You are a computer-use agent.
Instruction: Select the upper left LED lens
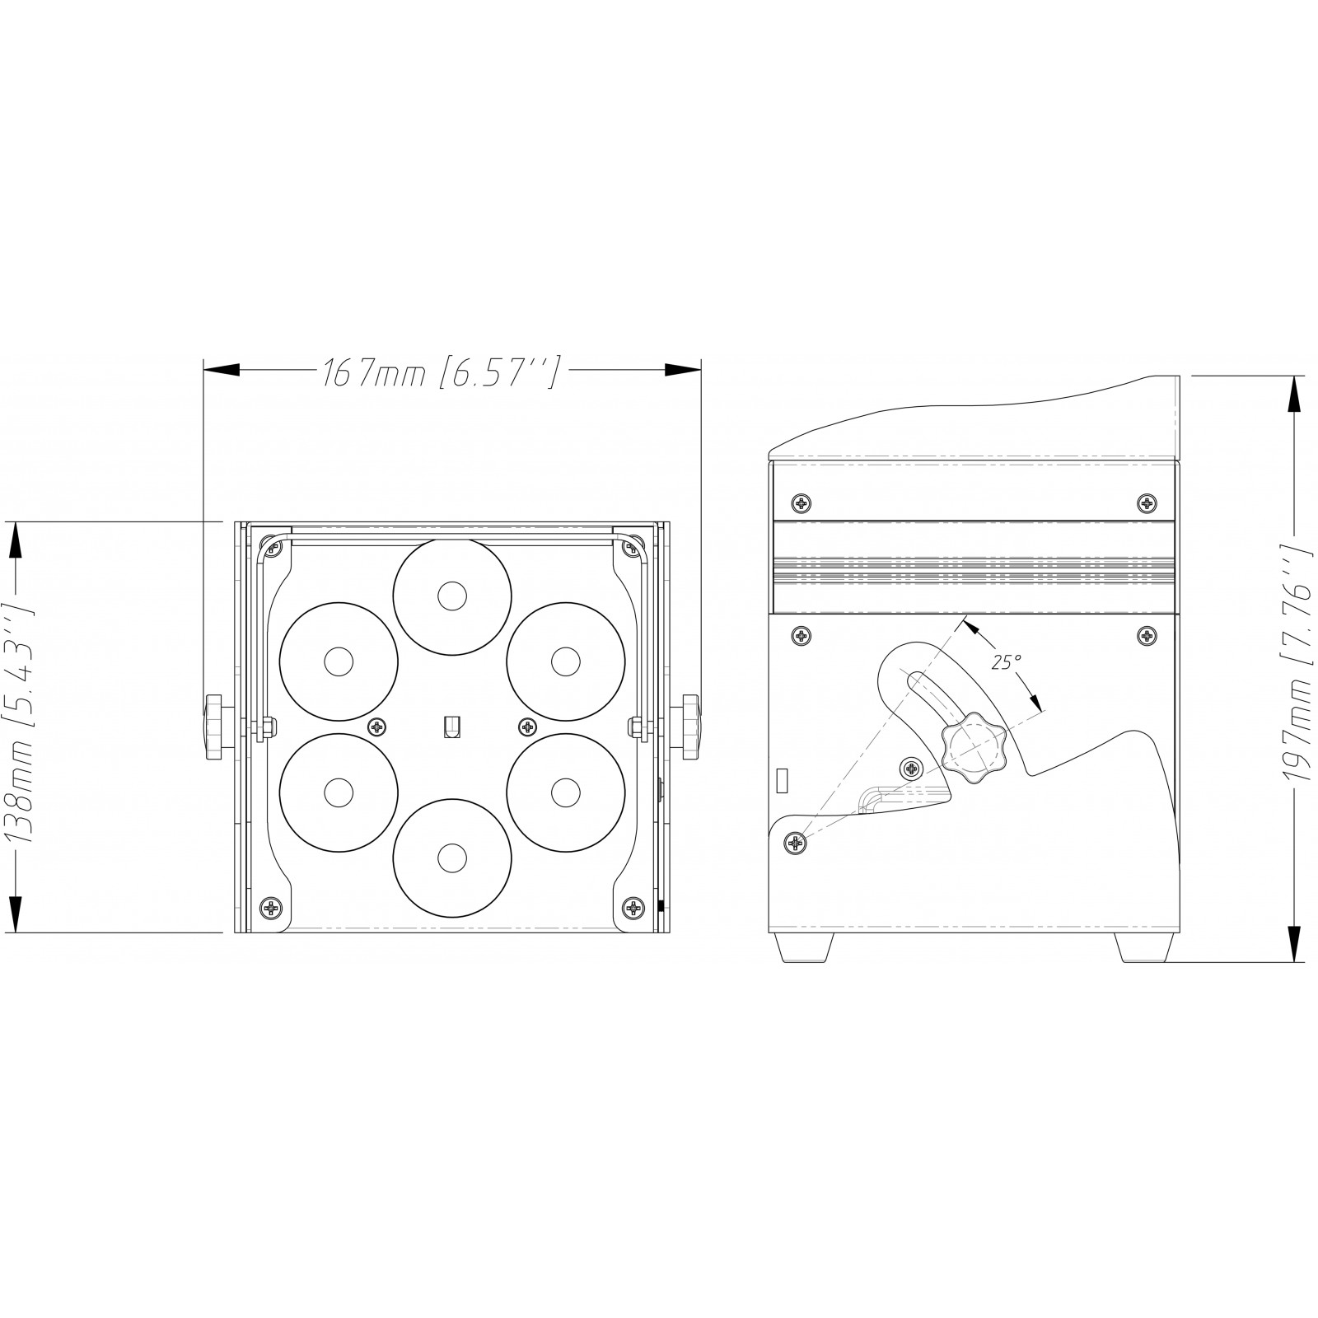(x=338, y=661)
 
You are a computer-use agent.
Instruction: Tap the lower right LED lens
(x=564, y=792)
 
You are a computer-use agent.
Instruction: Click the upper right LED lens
(x=564, y=661)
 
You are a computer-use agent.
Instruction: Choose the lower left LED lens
(x=338, y=792)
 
